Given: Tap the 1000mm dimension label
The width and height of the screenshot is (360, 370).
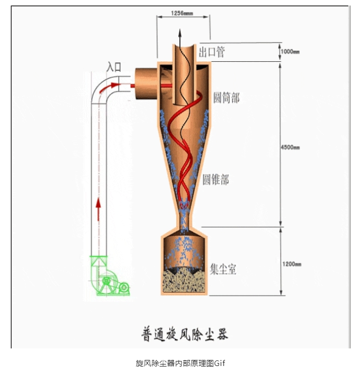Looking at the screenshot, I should click(290, 52).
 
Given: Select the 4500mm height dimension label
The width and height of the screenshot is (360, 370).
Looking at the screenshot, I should click(290, 147).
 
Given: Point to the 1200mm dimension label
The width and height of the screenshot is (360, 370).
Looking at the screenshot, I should click(291, 264).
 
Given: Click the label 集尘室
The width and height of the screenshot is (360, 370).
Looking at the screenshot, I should click(223, 270).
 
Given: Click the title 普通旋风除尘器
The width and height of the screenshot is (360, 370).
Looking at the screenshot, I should click(185, 333).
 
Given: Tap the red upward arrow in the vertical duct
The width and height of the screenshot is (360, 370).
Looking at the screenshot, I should click(98, 210).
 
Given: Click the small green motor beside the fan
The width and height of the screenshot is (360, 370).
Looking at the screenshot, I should click(124, 288).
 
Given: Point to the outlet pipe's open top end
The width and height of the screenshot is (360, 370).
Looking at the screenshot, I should click(183, 44).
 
